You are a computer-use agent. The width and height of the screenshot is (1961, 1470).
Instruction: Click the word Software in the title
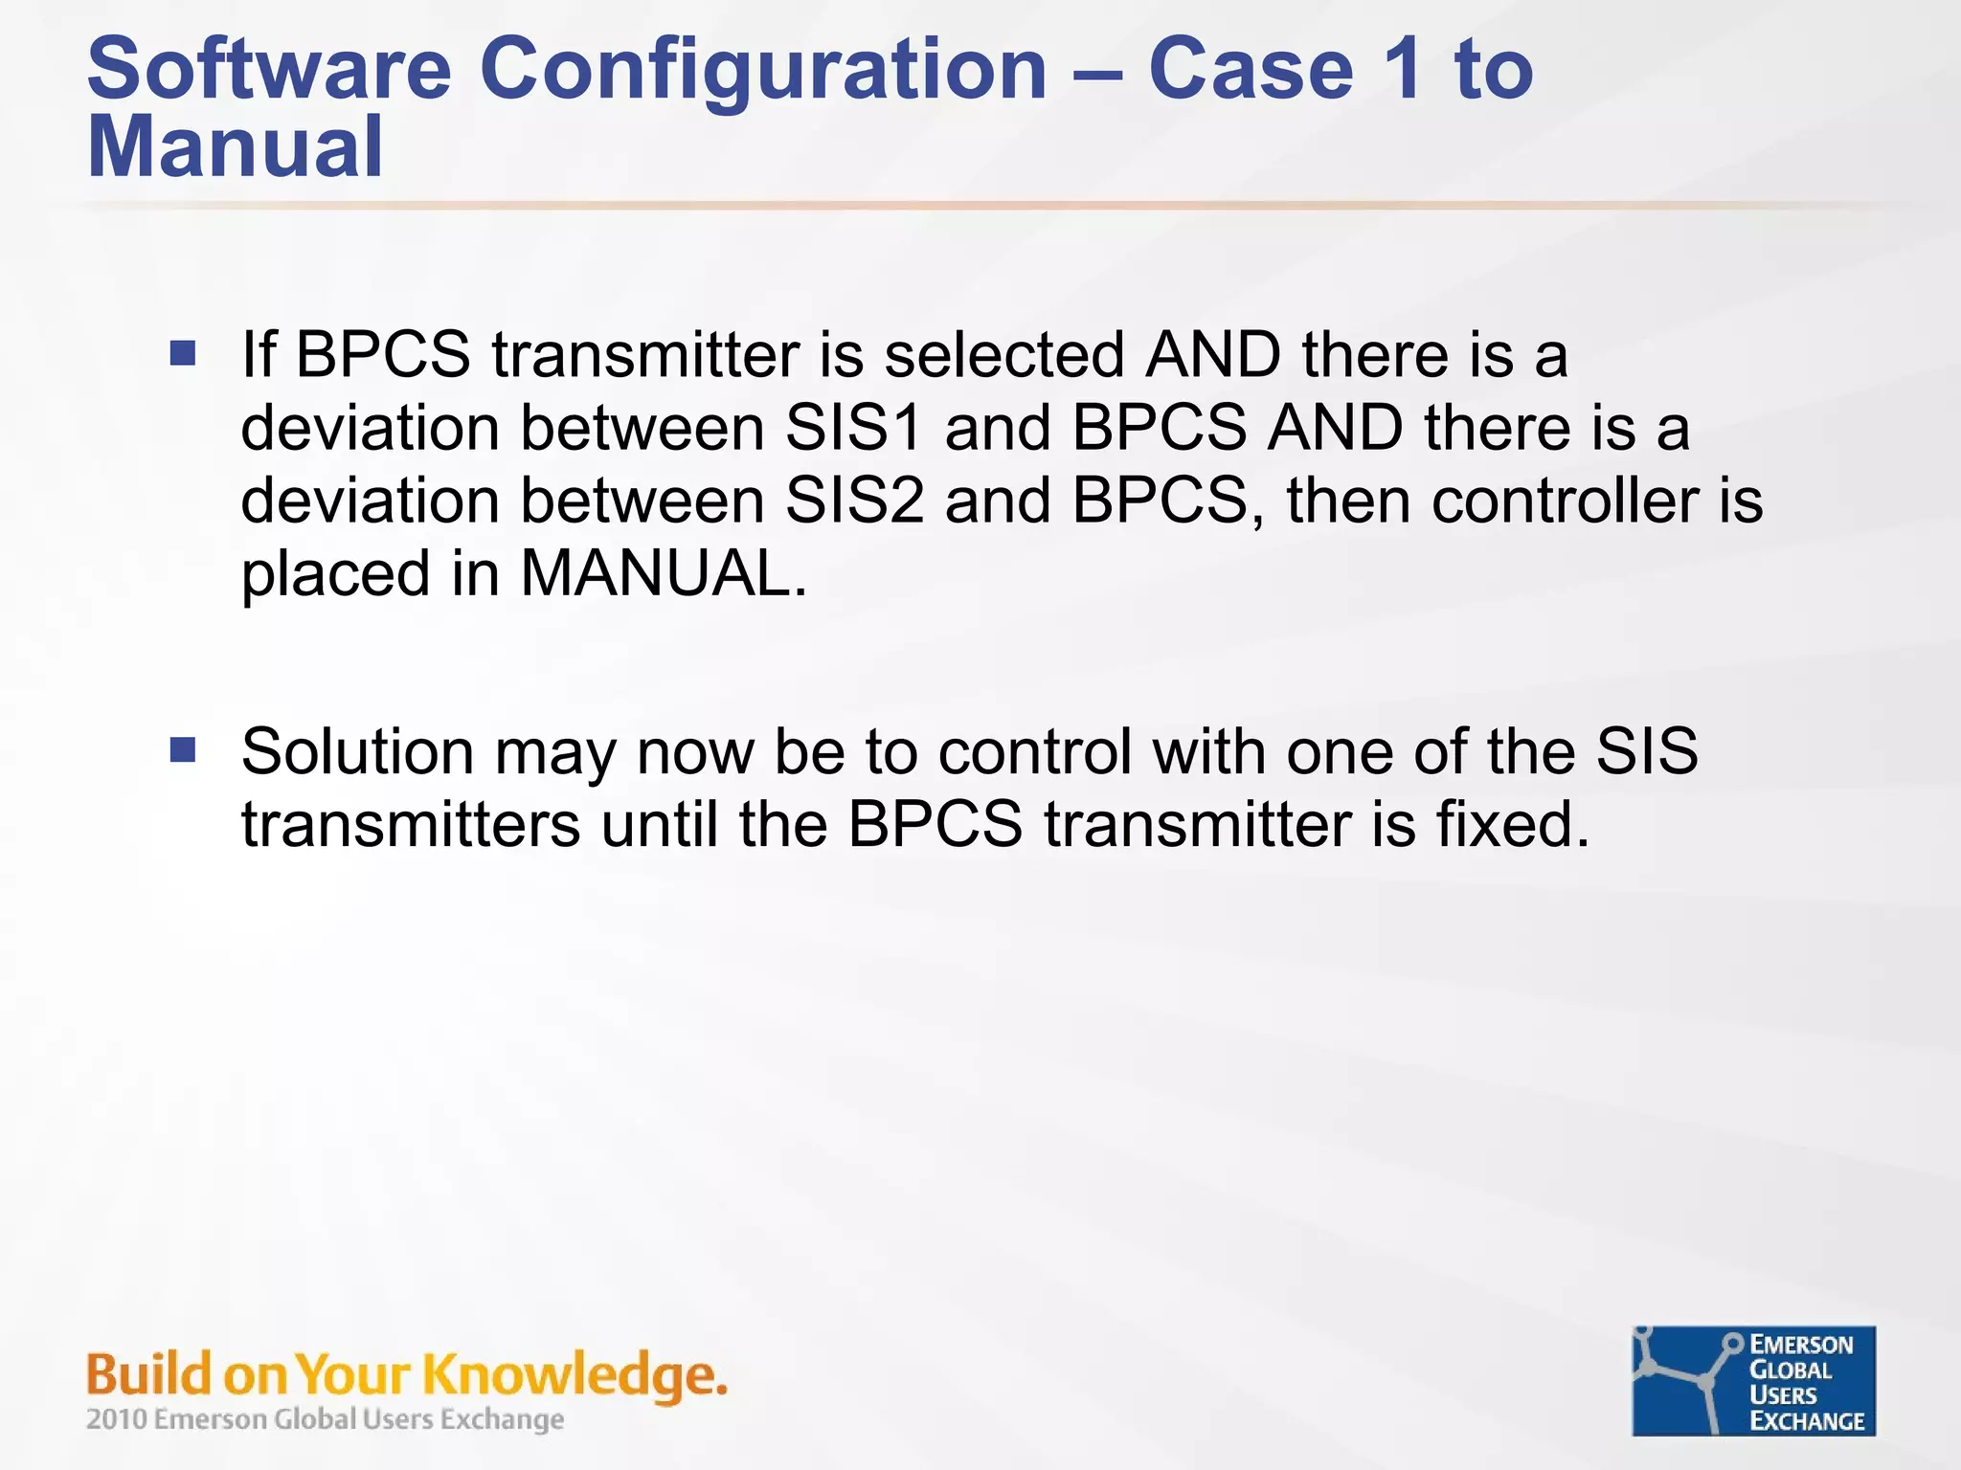pos(268,69)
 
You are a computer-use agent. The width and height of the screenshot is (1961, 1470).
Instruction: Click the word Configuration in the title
pos(762,69)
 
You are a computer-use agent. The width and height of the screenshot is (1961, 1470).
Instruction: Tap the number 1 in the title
pos(1404,69)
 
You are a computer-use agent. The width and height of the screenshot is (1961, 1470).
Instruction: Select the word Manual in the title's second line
pos(235,147)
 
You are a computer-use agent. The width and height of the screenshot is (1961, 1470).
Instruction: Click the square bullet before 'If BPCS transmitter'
pos(183,354)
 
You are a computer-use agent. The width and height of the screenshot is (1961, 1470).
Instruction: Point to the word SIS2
pos(854,501)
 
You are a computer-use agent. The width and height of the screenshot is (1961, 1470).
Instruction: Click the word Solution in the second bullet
pos(357,751)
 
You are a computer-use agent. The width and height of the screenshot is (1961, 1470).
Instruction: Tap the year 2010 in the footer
pos(117,1419)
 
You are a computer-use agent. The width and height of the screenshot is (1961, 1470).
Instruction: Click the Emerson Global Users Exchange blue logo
pos(1753,1380)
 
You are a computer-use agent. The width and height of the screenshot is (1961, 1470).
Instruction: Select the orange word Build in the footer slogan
pos(148,1375)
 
